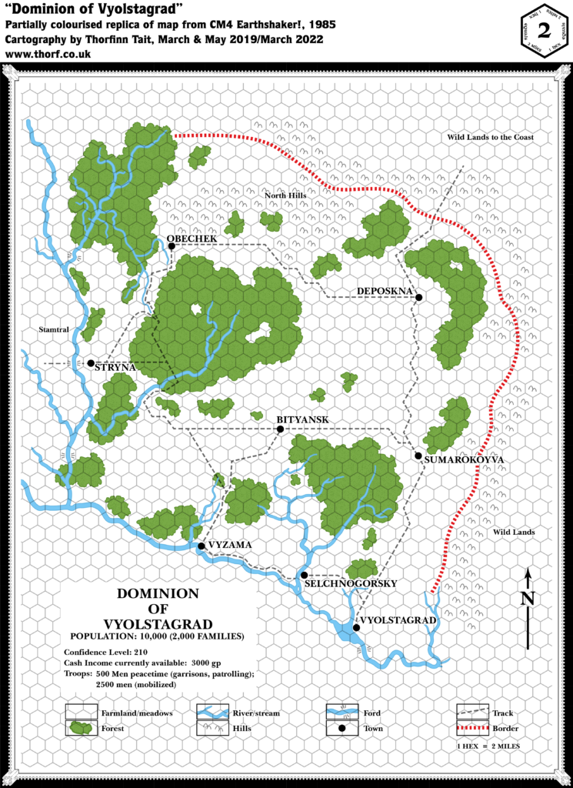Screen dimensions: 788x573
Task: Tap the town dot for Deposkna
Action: pos(419,297)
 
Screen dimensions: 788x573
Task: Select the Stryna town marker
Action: pos(91,363)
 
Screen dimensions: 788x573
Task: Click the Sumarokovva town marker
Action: pos(418,456)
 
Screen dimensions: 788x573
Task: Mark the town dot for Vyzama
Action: pos(201,546)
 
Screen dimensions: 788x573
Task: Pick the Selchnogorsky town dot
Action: pos(305,575)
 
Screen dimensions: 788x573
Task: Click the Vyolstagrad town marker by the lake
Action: pos(356,628)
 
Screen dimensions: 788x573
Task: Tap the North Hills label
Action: pos(286,196)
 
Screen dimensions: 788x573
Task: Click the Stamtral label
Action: pos(54,330)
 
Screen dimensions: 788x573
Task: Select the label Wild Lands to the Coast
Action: pos(490,137)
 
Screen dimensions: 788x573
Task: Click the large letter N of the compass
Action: pos(527,598)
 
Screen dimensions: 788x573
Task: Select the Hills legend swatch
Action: pos(211,727)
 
